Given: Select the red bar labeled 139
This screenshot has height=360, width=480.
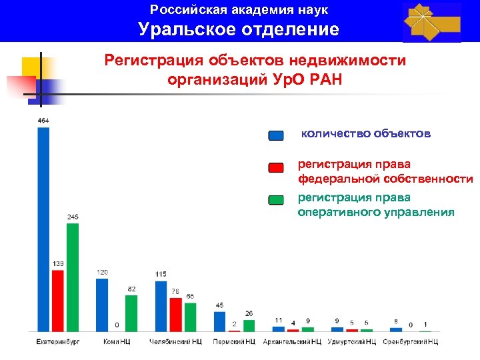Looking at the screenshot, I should tap(58, 300).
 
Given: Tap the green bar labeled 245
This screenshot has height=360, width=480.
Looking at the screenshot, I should tap(73, 277).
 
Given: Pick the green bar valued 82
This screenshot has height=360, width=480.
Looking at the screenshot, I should tap(131, 313).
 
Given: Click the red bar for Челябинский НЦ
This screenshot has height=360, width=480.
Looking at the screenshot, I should tap(175, 314).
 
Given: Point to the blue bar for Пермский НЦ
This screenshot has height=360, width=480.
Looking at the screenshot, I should tap(219, 321).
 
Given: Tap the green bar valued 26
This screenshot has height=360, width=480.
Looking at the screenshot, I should tap(249, 325).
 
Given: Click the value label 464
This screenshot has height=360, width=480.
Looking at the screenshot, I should tap(43, 121).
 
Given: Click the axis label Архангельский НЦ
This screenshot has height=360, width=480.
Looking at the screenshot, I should tap(292, 342).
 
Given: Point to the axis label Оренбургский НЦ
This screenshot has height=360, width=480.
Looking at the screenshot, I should tap(410, 342).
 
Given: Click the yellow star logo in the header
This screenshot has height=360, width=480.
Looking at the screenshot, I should tap(431, 22).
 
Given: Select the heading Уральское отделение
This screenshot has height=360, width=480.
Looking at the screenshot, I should tap(239, 29).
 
